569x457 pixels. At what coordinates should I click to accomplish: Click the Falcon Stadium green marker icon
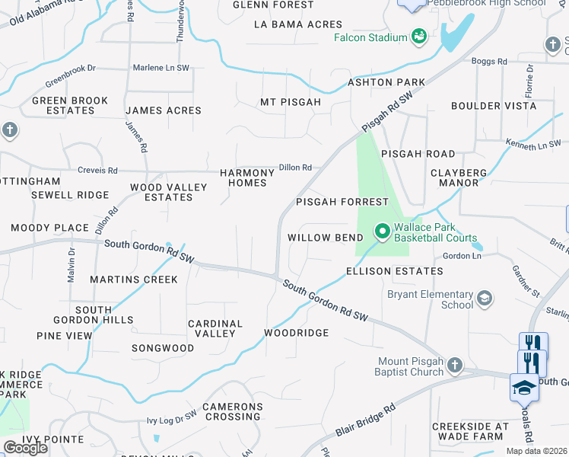[418, 37]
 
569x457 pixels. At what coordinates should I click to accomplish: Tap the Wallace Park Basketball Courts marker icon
[382, 230]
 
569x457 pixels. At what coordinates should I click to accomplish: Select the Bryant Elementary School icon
[484, 298]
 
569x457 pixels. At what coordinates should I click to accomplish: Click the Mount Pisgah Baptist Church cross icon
[454, 366]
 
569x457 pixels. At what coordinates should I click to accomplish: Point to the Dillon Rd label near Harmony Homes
[296, 168]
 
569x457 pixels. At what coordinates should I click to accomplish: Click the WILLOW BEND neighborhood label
[325, 238]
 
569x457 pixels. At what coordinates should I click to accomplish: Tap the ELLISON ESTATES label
[394, 271]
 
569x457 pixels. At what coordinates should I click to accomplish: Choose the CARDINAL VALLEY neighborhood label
[216, 328]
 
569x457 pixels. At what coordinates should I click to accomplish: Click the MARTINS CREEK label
[134, 280]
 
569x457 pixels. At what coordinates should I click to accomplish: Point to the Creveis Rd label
[97, 171]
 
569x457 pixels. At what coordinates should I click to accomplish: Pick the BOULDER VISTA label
[494, 106]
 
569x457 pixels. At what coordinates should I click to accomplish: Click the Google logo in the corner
[25, 448]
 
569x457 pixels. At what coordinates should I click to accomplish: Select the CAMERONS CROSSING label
[232, 411]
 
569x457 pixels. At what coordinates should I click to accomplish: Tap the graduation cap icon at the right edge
[523, 388]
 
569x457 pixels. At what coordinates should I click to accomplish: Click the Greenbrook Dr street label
[70, 75]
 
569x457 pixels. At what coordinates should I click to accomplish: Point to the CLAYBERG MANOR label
[459, 177]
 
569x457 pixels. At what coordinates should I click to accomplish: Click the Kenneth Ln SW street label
[533, 143]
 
